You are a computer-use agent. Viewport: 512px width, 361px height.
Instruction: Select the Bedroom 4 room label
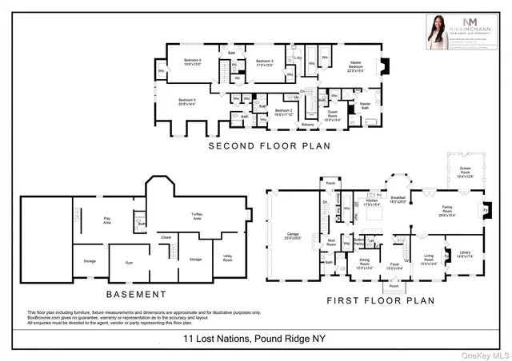[193, 62]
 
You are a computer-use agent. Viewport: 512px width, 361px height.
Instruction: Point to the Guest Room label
[331, 113]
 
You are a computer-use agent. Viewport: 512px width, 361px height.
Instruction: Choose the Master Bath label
[365, 105]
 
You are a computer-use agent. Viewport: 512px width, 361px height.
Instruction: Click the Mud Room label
[330, 242]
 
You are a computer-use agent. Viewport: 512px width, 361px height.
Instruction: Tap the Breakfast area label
[398, 200]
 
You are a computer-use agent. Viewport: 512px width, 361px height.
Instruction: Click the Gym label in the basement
[129, 262]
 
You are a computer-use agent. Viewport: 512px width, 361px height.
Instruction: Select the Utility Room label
[227, 259]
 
